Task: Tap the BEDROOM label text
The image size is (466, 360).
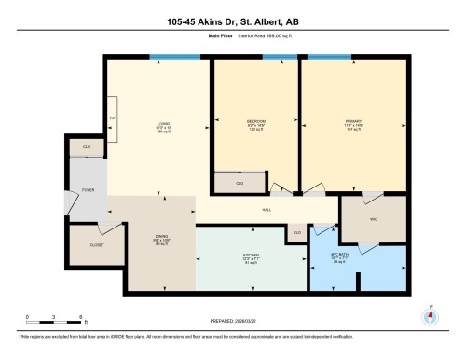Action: (x=256, y=122)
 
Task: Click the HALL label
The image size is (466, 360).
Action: (x=266, y=209)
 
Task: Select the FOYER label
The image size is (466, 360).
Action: (x=88, y=190)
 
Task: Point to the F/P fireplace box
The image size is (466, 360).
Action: (x=113, y=119)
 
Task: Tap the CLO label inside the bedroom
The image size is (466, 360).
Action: (x=240, y=184)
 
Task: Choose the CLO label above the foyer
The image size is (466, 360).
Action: (x=87, y=147)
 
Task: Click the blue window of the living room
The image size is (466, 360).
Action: (x=174, y=58)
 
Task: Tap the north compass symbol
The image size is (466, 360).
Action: (x=430, y=314)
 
